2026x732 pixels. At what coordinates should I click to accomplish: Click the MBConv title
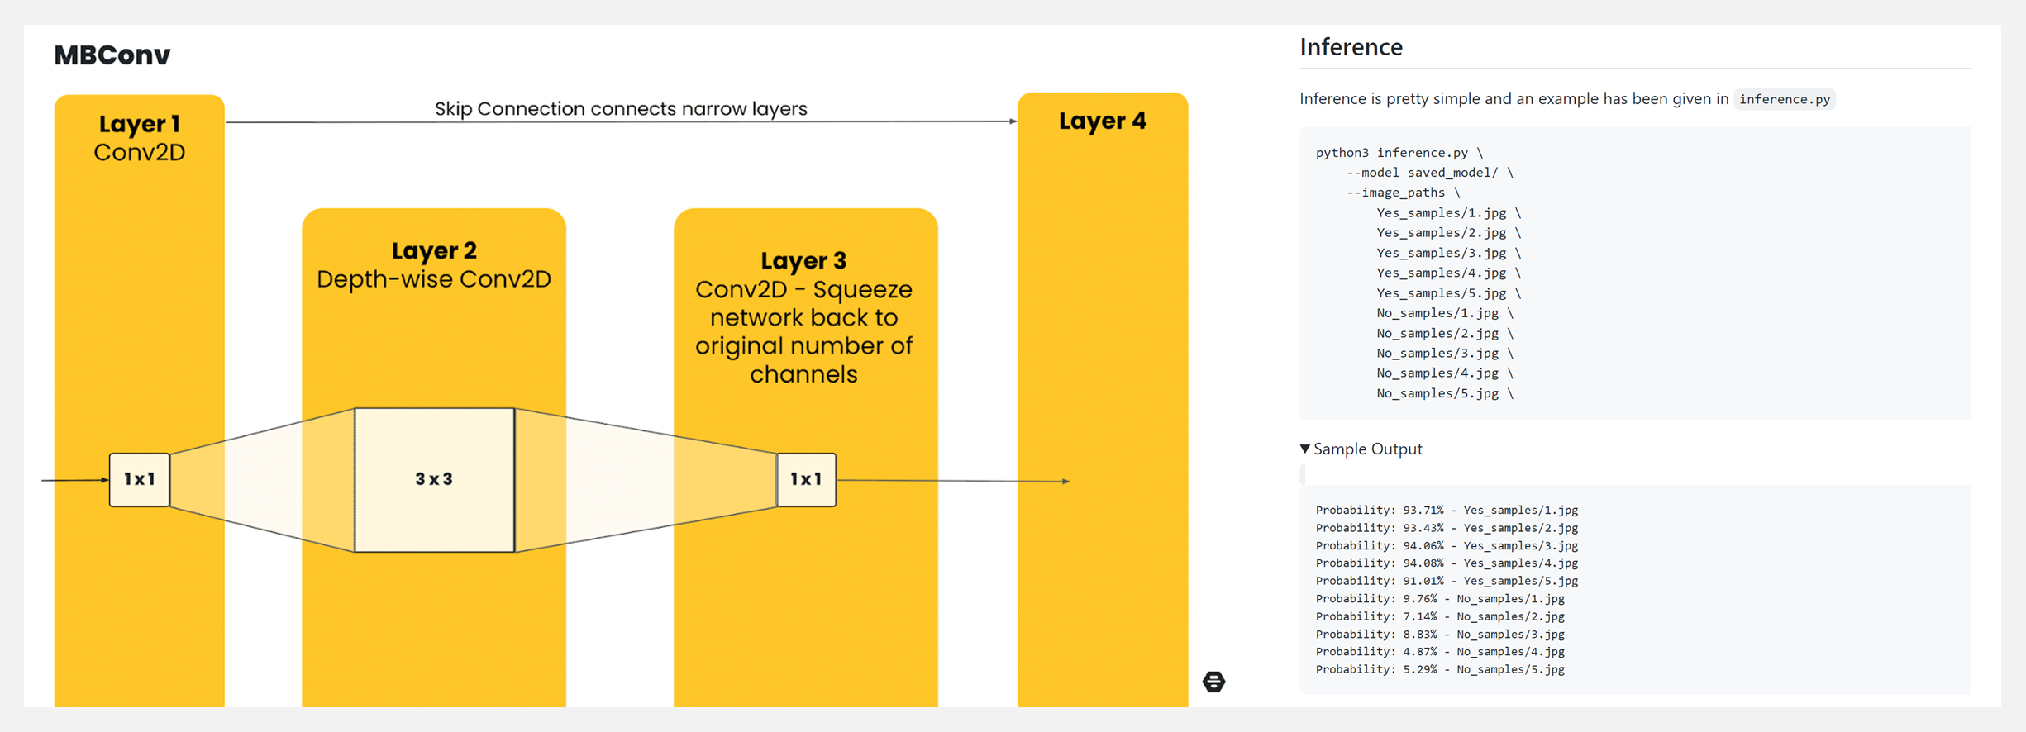(x=112, y=55)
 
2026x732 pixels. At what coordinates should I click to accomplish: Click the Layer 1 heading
(x=139, y=124)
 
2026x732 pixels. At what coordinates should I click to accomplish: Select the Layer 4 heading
(x=1103, y=121)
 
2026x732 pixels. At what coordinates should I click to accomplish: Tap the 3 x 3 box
(x=434, y=479)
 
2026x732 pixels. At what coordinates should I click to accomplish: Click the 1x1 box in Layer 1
(x=140, y=479)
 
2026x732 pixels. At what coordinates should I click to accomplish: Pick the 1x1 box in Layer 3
(x=806, y=479)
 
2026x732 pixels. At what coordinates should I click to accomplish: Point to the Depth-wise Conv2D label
(x=434, y=279)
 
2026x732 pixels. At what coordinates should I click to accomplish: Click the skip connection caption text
(x=621, y=108)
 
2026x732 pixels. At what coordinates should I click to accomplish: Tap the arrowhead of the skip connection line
(x=1013, y=121)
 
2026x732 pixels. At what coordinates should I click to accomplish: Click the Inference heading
(x=1351, y=47)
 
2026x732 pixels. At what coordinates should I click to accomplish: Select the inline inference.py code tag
(x=1784, y=99)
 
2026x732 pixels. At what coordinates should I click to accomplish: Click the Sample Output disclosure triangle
(x=1305, y=449)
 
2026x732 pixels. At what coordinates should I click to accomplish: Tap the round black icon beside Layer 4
(x=1213, y=682)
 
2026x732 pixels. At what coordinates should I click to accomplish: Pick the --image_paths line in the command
(x=1395, y=193)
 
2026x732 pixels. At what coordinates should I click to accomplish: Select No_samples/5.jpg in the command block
(x=1437, y=393)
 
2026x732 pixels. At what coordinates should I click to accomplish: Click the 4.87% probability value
(x=1420, y=652)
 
